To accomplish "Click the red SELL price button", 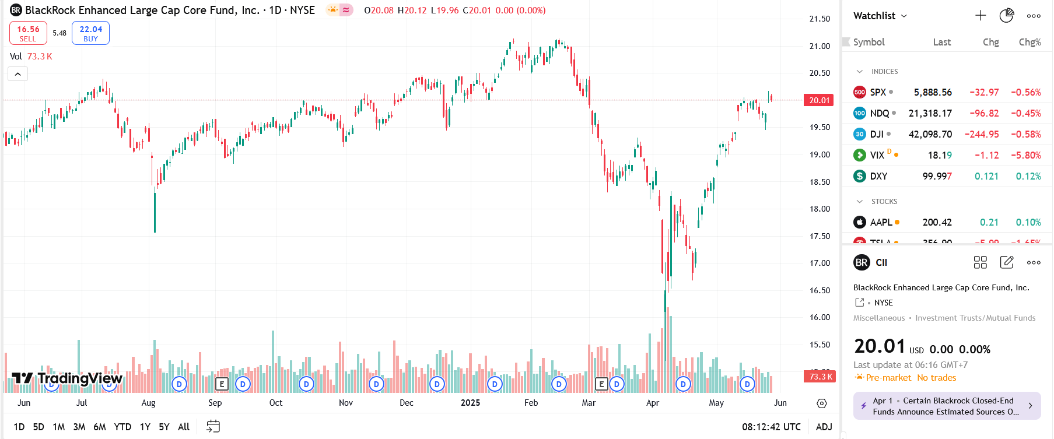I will click(x=28, y=33).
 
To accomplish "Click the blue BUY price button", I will click(x=90, y=33).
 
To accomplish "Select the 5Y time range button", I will click(x=164, y=427).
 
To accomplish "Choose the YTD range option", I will click(x=122, y=427).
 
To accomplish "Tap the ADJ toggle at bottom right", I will click(x=824, y=427).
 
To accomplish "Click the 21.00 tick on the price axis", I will click(x=820, y=46).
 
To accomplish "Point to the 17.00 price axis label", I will click(x=820, y=263).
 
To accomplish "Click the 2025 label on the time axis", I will click(x=470, y=403).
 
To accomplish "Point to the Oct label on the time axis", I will click(x=276, y=403).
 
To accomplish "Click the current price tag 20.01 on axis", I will click(x=819, y=100).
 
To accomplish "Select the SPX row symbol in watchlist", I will click(x=877, y=92).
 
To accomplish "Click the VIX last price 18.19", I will click(x=940, y=155).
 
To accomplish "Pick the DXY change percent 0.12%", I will click(x=1028, y=176).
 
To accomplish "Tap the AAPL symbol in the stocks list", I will click(x=881, y=222).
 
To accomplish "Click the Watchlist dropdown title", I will click(x=880, y=16).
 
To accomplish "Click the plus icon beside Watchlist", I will click(x=981, y=16).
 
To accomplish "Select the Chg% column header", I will click(x=1030, y=42).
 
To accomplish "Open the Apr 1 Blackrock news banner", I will click(x=947, y=406).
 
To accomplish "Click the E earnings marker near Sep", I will click(x=221, y=384).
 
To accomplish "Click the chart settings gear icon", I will click(x=822, y=403).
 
